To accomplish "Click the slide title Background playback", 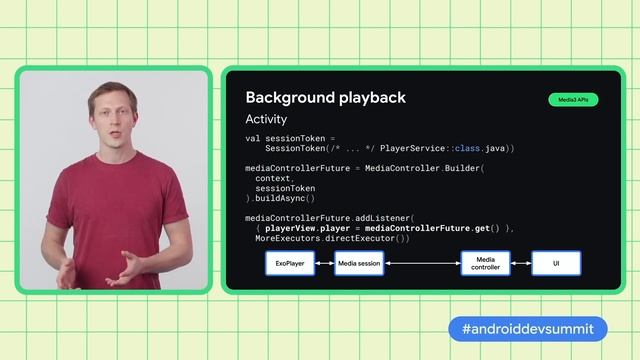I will pos(325,97).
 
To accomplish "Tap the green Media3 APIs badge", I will pos(573,100).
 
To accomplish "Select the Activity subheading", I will pos(266,120).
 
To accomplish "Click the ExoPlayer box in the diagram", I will pos(290,264).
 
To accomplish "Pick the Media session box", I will pos(359,264).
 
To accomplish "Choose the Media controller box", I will pos(485,264).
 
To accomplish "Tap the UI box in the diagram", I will pos(556,264).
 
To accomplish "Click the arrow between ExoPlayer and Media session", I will pos(324,264).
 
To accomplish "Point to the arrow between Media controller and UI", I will pos(520,264).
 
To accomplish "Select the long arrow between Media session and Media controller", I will pos(422,264).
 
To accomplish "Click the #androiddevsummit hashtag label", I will pos(527,329).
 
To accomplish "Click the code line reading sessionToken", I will pos(286,188).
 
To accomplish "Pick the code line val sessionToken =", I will pos(291,138).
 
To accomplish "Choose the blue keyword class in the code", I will pos(467,148).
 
